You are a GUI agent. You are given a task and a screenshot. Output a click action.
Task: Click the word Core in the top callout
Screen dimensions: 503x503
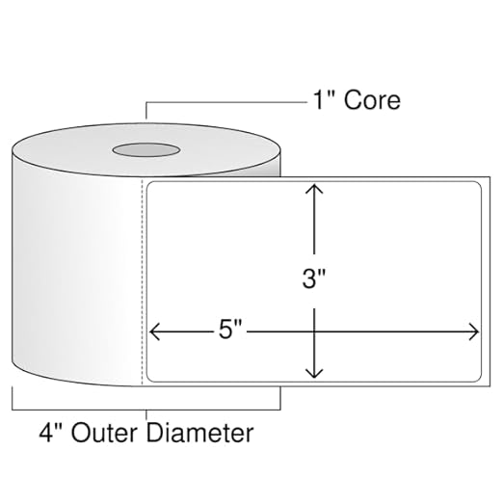[x=372, y=100]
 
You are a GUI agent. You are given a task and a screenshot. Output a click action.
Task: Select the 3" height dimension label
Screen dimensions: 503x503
[x=314, y=278]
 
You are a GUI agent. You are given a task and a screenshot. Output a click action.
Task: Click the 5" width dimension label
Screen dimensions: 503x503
[x=230, y=330]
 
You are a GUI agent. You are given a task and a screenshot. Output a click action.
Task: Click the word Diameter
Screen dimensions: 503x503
[x=199, y=433]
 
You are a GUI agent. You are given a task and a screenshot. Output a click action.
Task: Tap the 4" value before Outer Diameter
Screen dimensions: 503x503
[x=51, y=433]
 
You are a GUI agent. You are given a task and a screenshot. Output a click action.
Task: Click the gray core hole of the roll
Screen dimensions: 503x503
[x=146, y=150]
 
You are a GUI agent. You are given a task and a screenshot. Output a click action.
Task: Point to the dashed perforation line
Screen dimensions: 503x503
[x=143, y=282]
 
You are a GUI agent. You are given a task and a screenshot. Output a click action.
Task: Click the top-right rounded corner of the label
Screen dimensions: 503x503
[x=478, y=185]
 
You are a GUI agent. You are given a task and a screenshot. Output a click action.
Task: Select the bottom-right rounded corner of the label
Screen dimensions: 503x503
[x=478, y=379]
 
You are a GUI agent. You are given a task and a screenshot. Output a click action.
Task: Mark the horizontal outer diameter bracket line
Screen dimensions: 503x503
[x=146, y=410]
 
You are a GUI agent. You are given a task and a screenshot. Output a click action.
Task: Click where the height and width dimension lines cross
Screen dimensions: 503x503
[x=314, y=331]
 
